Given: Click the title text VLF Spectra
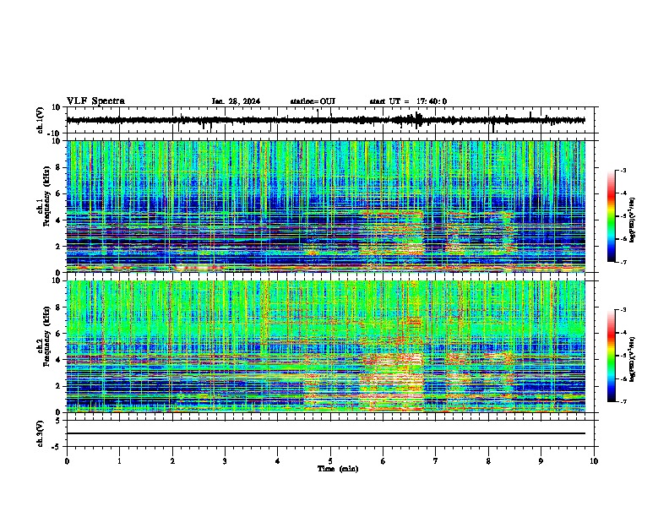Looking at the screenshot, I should pos(95,101).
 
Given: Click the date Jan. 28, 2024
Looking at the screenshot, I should pos(236,101).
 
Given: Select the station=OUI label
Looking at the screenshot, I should pos(313,101).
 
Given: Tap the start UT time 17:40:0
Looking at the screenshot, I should pos(408,101).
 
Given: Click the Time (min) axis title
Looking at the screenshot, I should pos(337,468).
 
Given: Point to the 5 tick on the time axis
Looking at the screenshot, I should pos(330,461).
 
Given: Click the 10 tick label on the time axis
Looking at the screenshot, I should pos(595,461).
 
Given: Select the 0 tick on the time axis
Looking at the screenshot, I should pos(67,461).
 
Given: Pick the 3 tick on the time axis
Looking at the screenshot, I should pos(225,461).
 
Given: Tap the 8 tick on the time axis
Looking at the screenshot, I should pos(488,461).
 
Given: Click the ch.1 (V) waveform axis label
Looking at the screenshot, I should pos(41,120).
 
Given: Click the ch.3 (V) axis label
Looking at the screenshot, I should pos(41,432).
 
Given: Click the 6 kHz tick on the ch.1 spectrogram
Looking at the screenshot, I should pos(59,193).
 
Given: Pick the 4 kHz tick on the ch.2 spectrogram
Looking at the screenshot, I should pos(59,359).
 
